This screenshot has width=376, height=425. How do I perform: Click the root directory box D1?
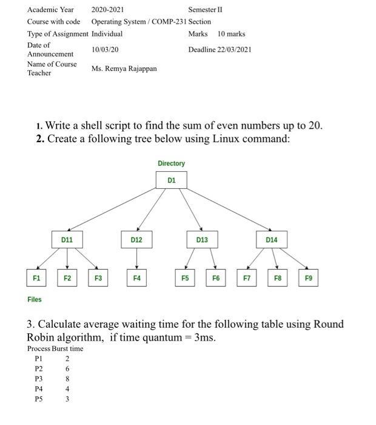[x=172, y=180]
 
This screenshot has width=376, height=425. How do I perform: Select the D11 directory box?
[x=67, y=240]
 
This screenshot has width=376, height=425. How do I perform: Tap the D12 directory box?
[x=136, y=240]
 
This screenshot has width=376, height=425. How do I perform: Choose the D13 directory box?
[x=202, y=240]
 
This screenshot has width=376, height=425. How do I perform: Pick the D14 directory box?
[x=271, y=240]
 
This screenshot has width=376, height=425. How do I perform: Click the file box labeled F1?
[x=36, y=278]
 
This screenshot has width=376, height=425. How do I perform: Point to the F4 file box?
[x=136, y=278]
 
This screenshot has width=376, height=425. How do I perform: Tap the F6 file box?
[x=216, y=278]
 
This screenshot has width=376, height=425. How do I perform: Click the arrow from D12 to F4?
[x=136, y=259]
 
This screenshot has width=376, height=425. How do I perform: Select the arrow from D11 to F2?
[x=67, y=259]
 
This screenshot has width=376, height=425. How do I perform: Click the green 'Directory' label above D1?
[x=171, y=163]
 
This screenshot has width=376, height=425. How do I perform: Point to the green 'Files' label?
[x=35, y=299]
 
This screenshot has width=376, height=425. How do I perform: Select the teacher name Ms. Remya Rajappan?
[x=124, y=69]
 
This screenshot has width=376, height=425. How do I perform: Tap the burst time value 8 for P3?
[x=67, y=379]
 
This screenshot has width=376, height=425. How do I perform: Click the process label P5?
[x=39, y=399]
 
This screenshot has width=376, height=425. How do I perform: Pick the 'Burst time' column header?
[x=67, y=348]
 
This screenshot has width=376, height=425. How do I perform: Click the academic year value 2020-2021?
[x=107, y=10]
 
